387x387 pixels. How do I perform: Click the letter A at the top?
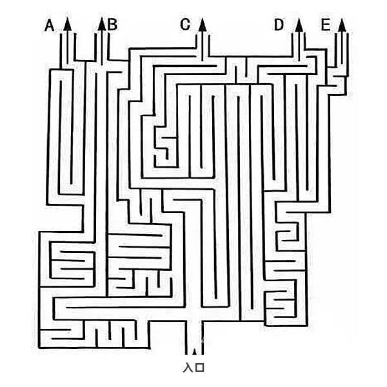(x=50, y=25)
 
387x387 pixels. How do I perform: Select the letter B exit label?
(x=112, y=25)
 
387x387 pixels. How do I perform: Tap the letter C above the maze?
(x=185, y=25)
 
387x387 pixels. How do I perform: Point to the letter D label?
(x=279, y=25)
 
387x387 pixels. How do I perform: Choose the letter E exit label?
(x=326, y=25)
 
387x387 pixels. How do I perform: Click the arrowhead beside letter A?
(x=67, y=24)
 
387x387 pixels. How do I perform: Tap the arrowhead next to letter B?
(x=102, y=24)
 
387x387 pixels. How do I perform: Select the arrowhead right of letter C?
(x=203, y=25)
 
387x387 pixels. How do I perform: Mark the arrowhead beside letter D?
(x=299, y=25)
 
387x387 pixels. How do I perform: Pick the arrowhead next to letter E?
(x=342, y=25)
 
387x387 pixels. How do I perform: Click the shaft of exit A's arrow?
(x=67, y=47)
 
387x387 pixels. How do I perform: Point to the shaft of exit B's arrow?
(x=102, y=48)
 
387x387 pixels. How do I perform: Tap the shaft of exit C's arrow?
(x=203, y=46)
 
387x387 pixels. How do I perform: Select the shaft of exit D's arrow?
(x=299, y=46)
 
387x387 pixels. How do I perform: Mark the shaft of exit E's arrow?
(x=342, y=48)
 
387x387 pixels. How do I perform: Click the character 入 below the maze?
(x=188, y=368)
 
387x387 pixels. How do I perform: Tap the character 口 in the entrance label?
(x=200, y=368)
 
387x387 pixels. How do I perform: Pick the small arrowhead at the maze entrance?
(x=195, y=352)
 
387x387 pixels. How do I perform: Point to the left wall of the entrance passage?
(x=186, y=337)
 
